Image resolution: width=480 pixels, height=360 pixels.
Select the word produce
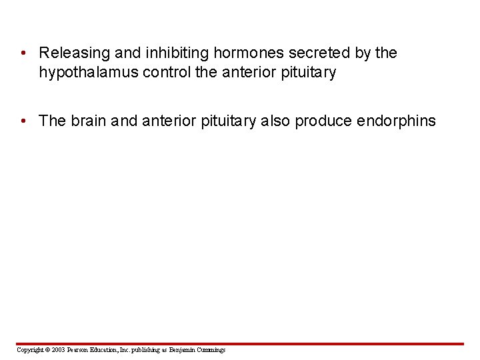pos(323,121)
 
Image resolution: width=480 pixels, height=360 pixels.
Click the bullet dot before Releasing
pos(23,53)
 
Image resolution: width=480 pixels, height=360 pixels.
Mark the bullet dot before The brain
pos(23,121)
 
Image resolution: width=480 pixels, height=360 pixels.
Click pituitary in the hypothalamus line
pos(309,72)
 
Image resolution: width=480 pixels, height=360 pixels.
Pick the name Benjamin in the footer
pos(182,349)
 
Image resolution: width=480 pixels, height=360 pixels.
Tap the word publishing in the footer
pos(142,349)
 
